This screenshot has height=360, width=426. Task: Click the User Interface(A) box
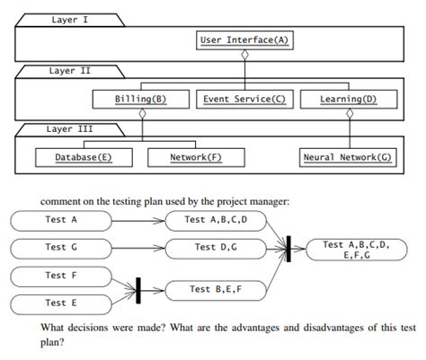[244, 40]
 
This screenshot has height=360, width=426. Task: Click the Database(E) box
[83, 157]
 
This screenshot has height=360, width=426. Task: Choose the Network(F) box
[196, 157]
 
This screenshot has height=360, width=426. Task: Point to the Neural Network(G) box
[347, 157]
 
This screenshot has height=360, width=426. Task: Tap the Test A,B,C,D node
[214, 219]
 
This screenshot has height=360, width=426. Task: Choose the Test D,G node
[214, 247]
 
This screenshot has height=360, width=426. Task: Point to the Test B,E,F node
[214, 289]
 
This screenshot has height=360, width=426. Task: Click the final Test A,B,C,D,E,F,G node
[358, 249]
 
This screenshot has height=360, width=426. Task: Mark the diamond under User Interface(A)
[244, 56]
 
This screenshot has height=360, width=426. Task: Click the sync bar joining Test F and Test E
[138, 290]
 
